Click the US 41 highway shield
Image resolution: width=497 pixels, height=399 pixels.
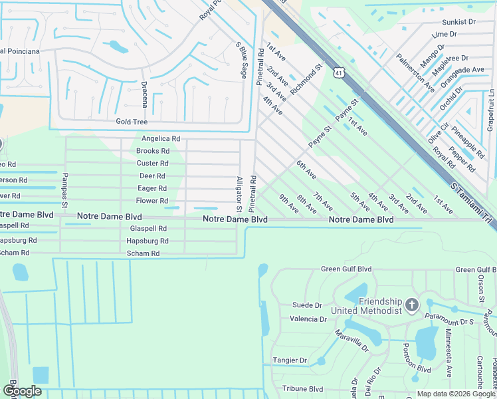pos(338,72)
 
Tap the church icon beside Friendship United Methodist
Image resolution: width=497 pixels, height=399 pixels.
pos(411,305)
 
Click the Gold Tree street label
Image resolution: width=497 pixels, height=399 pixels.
pos(132,122)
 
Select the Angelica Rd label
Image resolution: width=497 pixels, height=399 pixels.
pos(161,139)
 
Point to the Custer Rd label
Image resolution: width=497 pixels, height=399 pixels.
pos(152,164)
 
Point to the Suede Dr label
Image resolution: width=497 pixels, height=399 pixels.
pos(307,305)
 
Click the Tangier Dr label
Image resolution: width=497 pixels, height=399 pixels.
pos(290,360)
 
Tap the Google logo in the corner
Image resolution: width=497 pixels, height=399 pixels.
pos(22,391)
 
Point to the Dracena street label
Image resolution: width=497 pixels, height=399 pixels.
pos(144,96)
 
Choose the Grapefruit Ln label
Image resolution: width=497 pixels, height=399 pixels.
pos(490,111)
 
